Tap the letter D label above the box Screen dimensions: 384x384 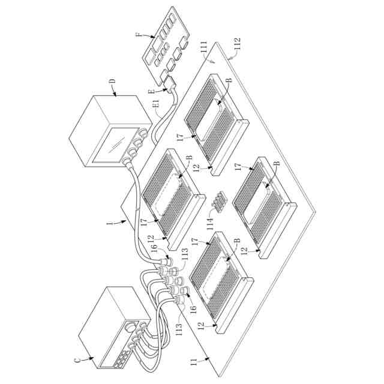pyautogui.click(x=113, y=82)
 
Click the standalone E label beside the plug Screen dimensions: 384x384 pyautogui.click(x=151, y=91)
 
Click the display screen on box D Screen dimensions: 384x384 pyautogui.click(x=112, y=148)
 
